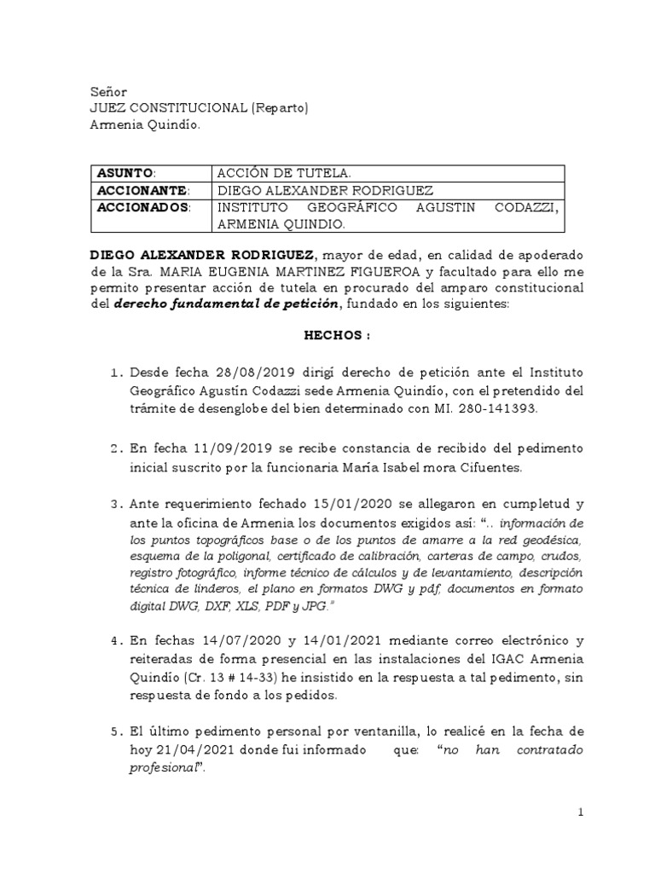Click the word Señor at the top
coord(108,91)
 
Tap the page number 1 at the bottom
coord(580,813)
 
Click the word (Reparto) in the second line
coord(279,108)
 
